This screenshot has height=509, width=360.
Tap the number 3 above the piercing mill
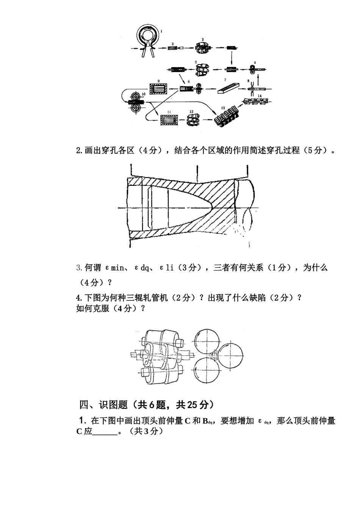tap(203, 39)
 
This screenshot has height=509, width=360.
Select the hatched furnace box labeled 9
tap(159, 90)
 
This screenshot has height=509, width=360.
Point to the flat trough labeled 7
tap(229, 88)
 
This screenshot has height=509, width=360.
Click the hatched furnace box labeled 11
tap(170, 120)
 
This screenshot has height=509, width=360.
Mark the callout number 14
tap(260, 95)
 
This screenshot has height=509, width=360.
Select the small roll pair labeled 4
tap(253, 69)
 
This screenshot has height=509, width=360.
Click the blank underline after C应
tap(105, 432)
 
